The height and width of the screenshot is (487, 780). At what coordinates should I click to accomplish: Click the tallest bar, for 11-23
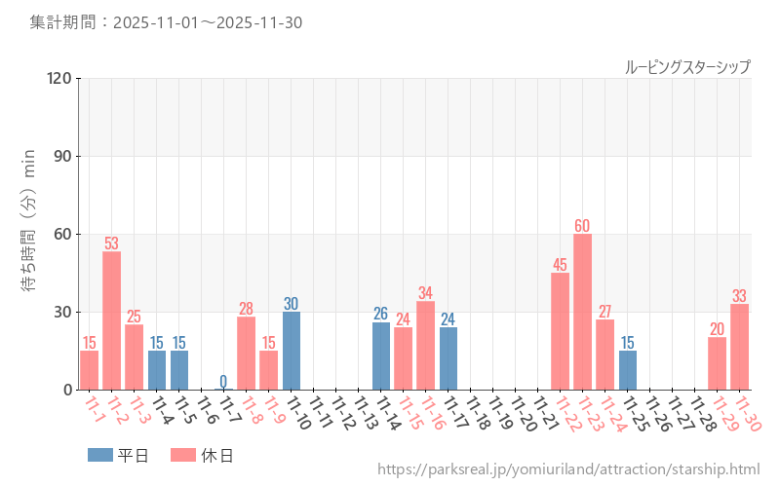point(582,312)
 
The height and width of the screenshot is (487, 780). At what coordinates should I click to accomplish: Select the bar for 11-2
point(112,321)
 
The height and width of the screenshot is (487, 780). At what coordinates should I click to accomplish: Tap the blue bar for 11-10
point(292,351)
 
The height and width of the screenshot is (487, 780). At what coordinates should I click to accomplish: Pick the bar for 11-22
point(560,331)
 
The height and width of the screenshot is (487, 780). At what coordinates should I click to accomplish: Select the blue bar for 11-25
point(628,370)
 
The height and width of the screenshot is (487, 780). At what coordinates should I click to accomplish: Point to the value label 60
point(582,226)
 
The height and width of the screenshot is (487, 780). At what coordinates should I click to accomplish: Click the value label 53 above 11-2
point(112,243)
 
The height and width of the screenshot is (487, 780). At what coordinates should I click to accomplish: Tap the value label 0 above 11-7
point(223,381)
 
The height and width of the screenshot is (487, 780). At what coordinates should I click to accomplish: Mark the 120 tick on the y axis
point(59,78)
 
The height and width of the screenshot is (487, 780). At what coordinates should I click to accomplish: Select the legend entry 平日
point(119,455)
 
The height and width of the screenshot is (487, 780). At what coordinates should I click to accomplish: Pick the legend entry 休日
point(202,455)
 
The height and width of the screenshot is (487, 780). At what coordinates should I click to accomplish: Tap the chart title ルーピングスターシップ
point(687,67)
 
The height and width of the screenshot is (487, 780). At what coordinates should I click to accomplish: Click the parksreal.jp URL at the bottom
point(568,469)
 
